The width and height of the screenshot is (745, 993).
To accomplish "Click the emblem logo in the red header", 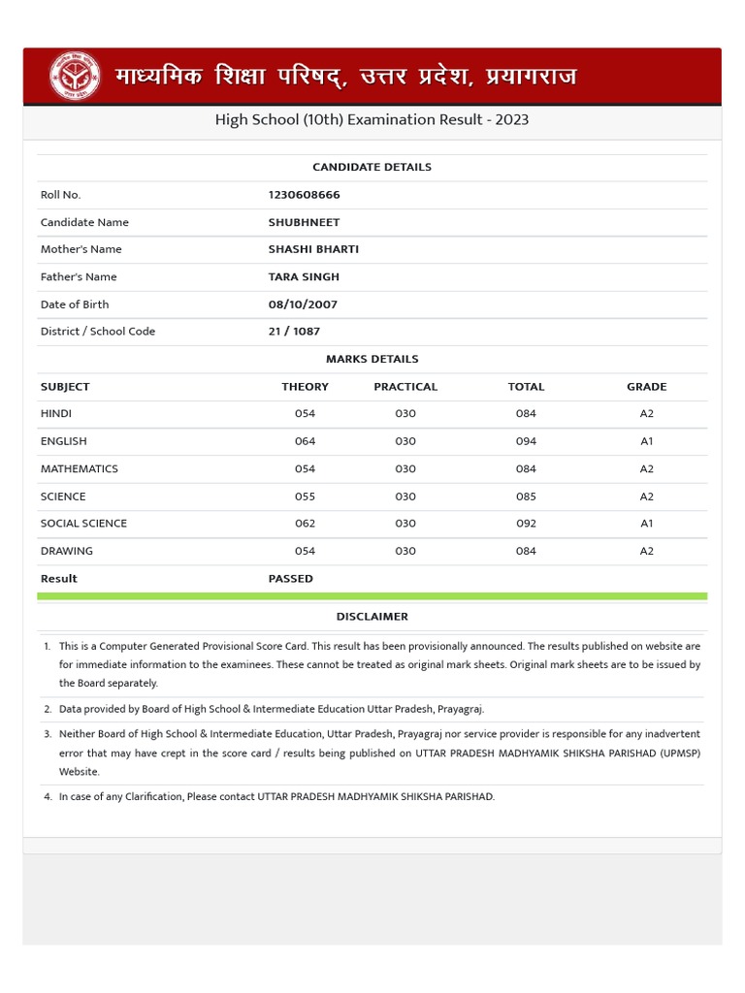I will [x=75, y=76].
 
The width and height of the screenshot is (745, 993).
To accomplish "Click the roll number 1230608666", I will [x=304, y=195].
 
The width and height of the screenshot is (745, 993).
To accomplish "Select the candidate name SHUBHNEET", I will [x=304, y=222].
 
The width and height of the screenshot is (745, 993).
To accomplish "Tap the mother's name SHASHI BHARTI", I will [x=313, y=249].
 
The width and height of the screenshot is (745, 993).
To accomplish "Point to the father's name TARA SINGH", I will [x=304, y=276].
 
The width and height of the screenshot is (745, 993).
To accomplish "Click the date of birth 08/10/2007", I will [x=303, y=304].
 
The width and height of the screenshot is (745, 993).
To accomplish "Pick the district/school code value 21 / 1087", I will [x=294, y=332].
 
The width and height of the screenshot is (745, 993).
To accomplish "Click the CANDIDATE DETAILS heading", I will [x=372, y=167].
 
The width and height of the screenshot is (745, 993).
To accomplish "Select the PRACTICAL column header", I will [x=405, y=387].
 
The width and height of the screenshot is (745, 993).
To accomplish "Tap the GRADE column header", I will [x=647, y=387].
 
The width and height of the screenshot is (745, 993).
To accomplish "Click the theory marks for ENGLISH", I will [x=305, y=441].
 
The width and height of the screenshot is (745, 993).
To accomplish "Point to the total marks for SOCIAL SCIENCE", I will [x=526, y=524].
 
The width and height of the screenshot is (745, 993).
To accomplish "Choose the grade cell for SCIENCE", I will [x=647, y=496].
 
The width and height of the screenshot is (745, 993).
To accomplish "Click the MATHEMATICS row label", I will [x=80, y=469].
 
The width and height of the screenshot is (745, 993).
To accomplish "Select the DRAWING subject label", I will [x=67, y=551].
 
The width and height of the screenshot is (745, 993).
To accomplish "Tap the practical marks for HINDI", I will [x=405, y=414].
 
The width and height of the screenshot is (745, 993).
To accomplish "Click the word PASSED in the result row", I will [x=291, y=579].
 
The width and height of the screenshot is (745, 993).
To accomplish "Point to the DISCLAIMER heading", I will [x=372, y=617].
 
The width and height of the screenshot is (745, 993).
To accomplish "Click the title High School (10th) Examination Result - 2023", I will [x=372, y=120].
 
